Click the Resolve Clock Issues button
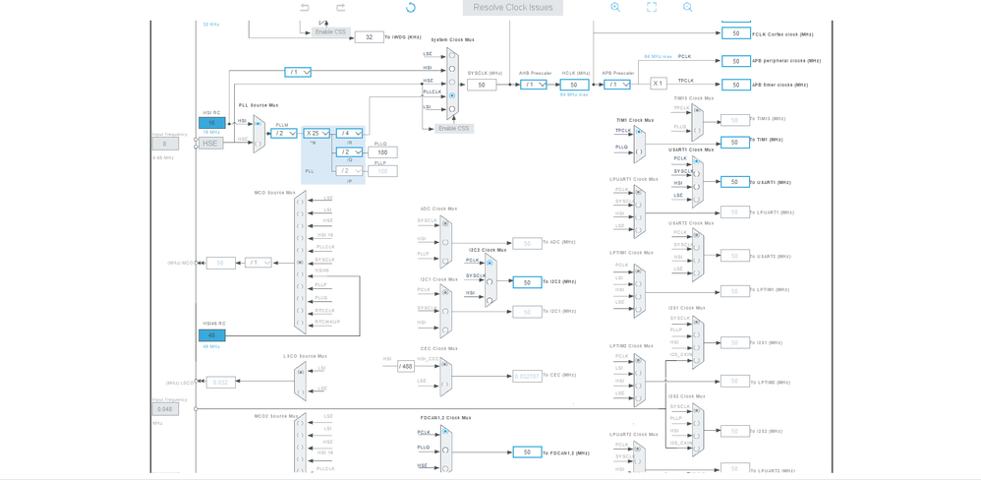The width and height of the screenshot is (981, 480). click(513, 8)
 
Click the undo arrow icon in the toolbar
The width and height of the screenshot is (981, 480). click(305, 8)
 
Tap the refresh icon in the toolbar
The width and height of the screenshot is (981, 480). click(411, 8)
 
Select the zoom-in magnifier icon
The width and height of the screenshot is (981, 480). click(615, 8)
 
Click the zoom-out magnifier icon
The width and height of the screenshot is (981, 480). click(688, 8)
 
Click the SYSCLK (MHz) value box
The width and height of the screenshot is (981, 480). click(482, 85)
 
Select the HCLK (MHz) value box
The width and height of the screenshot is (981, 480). click(574, 85)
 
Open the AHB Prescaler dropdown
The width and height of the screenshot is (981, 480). click(534, 85)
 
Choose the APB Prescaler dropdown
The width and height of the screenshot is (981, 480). click(616, 85)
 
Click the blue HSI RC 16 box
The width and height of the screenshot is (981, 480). click(211, 123)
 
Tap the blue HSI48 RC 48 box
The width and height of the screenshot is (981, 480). click(211, 335)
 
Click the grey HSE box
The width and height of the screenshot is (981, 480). click(210, 144)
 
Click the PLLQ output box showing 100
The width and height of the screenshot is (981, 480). click(382, 152)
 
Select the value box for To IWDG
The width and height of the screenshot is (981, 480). click(369, 37)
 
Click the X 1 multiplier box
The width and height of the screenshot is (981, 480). click(659, 84)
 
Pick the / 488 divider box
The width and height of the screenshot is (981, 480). click(405, 366)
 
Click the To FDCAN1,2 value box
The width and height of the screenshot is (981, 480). click(527, 452)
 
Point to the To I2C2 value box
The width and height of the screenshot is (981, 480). click(527, 282)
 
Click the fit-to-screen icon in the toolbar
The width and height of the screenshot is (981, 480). click(652, 8)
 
